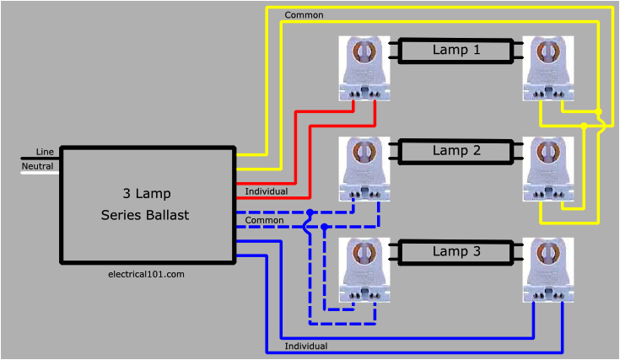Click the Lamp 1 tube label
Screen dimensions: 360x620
(x=456, y=50)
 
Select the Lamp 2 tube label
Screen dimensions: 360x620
(x=456, y=151)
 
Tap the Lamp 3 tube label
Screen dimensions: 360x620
(x=456, y=251)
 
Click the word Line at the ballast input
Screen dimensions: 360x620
(x=45, y=151)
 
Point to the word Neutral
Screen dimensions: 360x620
(x=38, y=166)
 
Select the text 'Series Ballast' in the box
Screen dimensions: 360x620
(x=145, y=215)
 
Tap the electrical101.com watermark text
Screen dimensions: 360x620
(x=146, y=274)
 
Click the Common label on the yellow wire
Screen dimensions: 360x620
(x=304, y=15)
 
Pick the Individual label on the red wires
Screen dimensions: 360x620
(x=267, y=191)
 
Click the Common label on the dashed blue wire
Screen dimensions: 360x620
(x=265, y=221)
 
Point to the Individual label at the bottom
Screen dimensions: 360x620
(x=306, y=346)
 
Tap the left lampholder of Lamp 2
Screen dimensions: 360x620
(x=364, y=169)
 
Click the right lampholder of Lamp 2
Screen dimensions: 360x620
(x=548, y=169)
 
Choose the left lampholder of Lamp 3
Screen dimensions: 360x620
(x=364, y=270)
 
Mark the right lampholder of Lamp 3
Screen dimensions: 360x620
(x=548, y=270)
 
